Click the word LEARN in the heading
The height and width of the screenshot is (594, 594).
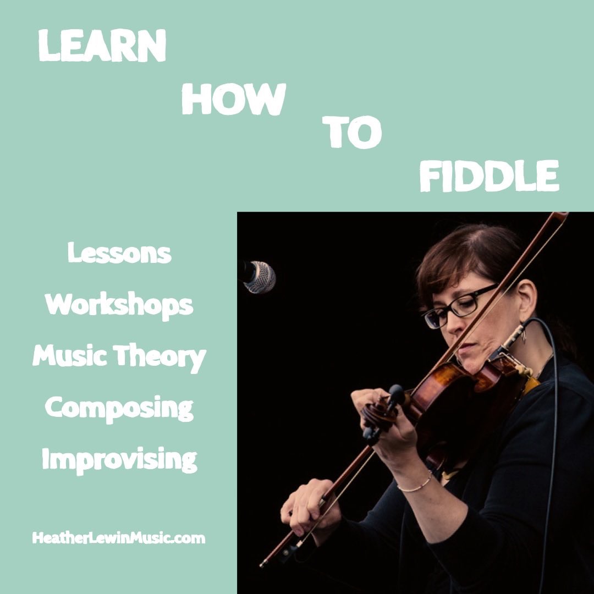click(x=102, y=46)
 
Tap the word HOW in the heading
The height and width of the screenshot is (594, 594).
click(x=233, y=99)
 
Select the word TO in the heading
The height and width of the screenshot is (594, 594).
click(x=352, y=131)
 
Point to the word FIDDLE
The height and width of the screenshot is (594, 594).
click(x=489, y=176)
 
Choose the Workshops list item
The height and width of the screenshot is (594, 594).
click(x=119, y=305)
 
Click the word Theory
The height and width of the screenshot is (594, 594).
click(x=159, y=358)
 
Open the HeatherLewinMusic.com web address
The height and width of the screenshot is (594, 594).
click(x=119, y=538)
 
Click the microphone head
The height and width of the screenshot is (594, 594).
click(x=260, y=277)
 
